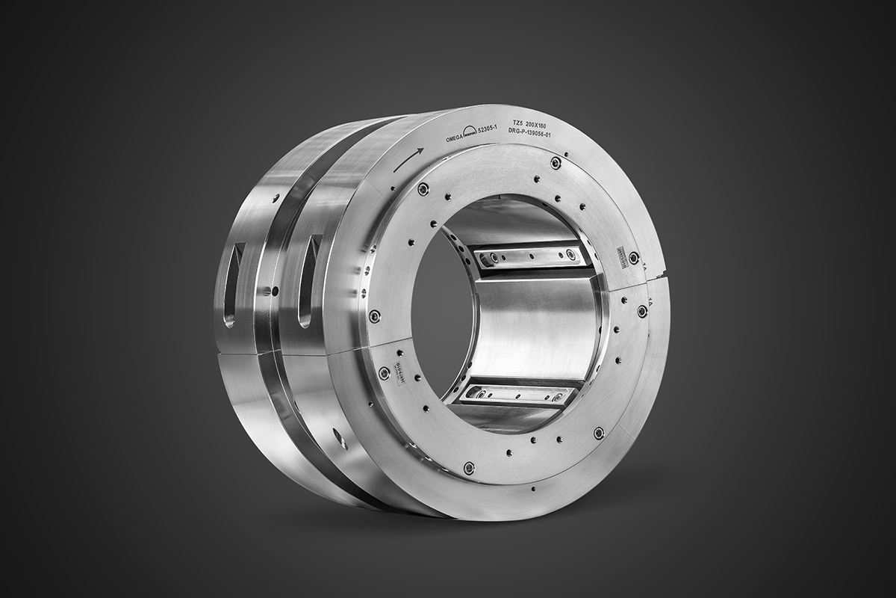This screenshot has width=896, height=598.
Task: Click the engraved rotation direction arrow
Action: coord(408,158)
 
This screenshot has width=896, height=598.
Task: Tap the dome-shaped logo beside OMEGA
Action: coord(470,132)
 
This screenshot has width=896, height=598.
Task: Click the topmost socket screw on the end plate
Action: coord(555,163)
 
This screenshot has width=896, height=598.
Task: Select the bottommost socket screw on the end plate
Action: coord(469,468)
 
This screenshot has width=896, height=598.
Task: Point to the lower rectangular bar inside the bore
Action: coord(515,394)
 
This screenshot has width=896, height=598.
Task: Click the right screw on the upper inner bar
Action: coord(573,256)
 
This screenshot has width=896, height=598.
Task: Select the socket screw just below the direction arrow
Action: coord(423,190)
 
